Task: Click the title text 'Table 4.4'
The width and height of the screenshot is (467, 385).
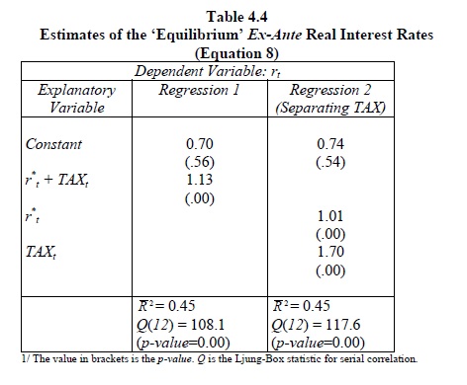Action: click(x=236, y=17)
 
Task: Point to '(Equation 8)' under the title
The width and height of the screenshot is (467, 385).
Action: click(x=236, y=53)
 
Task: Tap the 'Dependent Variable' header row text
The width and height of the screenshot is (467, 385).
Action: click(x=208, y=71)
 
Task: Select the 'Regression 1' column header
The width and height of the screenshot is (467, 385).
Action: click(x=199, y=90)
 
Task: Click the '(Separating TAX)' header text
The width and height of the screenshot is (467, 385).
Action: click(x=330, y=108)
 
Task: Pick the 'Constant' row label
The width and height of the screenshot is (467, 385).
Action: click(x=53, y=144)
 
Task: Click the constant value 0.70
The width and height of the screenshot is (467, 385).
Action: click(x=200, y=144)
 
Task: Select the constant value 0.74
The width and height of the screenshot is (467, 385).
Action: click(x=330, y=144)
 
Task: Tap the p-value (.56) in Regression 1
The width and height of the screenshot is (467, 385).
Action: click(x=200, y=162)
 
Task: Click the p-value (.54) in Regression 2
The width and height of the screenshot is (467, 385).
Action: click(x=330, y=162)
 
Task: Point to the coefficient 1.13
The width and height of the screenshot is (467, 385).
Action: click(x=200, y=180)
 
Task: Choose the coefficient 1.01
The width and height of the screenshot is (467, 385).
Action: click(x=330, y=216)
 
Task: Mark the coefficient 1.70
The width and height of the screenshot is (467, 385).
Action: click(x=330, y=252)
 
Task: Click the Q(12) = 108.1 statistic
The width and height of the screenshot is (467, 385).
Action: click(x=181, y=325)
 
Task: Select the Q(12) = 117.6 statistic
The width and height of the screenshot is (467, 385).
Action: click(x=316, y=325)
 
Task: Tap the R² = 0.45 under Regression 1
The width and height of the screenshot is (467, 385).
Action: click(x=166, y=306)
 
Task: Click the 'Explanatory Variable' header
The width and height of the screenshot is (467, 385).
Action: click(x=76, y=99)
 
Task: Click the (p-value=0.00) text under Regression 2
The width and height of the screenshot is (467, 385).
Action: click(x=318, y=343)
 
